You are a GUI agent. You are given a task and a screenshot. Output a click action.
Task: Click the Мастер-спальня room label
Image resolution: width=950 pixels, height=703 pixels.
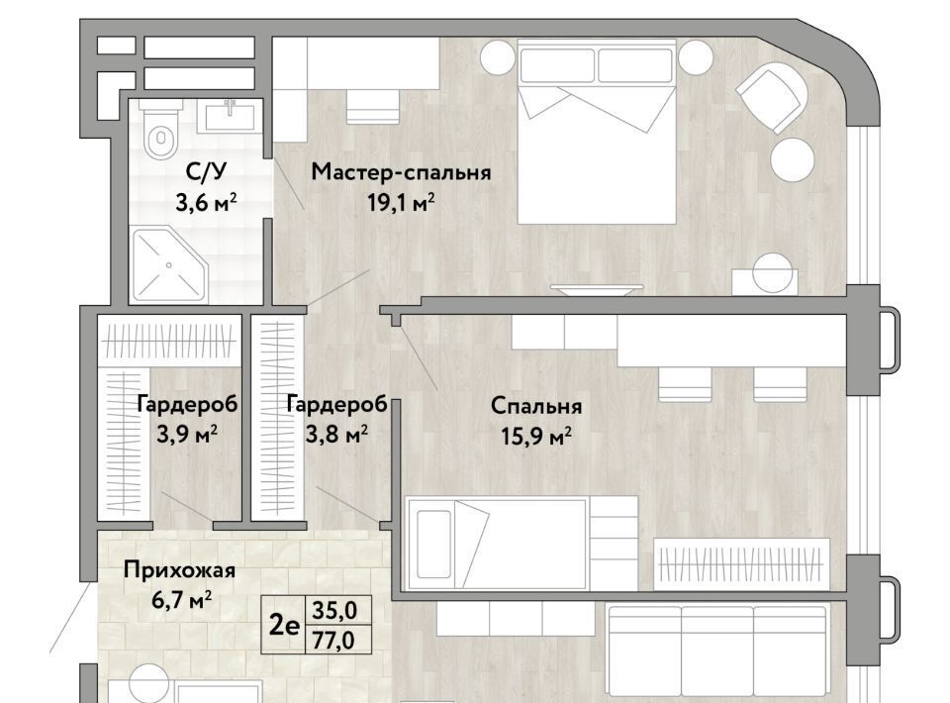(401, 172)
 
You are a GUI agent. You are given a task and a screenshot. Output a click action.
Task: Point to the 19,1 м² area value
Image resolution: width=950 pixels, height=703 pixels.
(401, 202)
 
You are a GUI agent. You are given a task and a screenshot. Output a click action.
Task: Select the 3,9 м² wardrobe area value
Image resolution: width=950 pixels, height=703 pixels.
(187, 434)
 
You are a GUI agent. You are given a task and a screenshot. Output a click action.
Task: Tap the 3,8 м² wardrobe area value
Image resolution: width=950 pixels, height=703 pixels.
(336, 434)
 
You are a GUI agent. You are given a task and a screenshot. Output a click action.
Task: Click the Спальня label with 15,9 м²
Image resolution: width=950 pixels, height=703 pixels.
(536, 405)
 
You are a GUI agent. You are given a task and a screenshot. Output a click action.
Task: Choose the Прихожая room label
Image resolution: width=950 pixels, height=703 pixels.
(179, 570)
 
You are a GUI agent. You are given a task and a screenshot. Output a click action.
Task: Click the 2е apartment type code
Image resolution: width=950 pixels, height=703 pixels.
(284, 626)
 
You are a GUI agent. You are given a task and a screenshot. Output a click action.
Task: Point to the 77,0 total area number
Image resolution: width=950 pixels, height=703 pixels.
(332, 641)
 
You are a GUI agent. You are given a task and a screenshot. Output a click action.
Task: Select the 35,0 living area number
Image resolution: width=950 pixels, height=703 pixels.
(333, 611)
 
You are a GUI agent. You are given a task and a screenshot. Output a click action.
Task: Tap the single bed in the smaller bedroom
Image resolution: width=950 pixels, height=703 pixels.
(497, 544)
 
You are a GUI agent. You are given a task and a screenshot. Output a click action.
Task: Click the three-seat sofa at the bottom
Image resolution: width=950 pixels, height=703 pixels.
(717, 652)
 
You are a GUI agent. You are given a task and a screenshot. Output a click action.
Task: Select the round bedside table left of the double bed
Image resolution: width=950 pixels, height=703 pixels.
(499, 57)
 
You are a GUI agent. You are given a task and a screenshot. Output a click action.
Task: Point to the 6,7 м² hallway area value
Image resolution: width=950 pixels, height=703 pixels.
(182, 601)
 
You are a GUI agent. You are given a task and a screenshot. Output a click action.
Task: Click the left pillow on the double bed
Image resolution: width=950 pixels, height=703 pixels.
(556, 65)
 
